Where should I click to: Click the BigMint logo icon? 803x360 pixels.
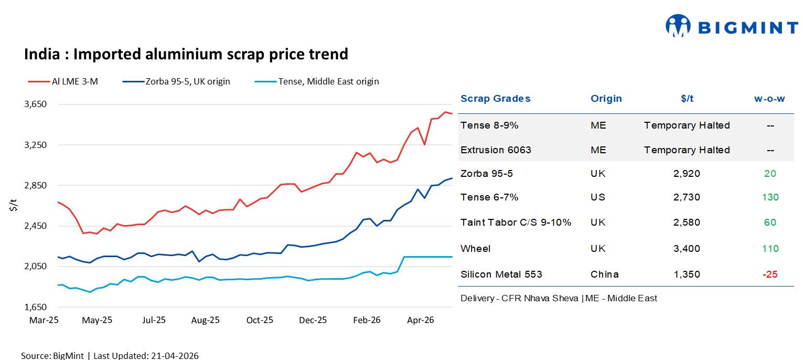(678, 26)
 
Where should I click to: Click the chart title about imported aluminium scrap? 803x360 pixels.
(186, 54)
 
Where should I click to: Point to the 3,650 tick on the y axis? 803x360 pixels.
(36, 104)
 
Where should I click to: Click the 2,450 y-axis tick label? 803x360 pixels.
(36, 226)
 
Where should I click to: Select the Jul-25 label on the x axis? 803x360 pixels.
(154, 320)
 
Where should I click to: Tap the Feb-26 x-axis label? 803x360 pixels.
(367, 320)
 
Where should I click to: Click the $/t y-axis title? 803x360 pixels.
(13, 206)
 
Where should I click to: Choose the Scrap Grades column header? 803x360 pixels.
(495, 99)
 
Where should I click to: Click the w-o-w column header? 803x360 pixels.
(769, 99)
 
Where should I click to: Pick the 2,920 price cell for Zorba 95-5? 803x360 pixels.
(687, 174)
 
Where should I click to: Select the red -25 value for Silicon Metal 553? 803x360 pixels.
(770, 274)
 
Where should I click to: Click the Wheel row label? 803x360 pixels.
(475, 249)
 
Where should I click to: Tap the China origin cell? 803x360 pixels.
(604, 274)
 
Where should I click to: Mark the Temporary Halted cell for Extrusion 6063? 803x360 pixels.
(687, 150)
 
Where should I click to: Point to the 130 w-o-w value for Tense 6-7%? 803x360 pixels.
(770, 197)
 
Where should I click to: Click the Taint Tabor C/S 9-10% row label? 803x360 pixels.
(516, 223)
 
